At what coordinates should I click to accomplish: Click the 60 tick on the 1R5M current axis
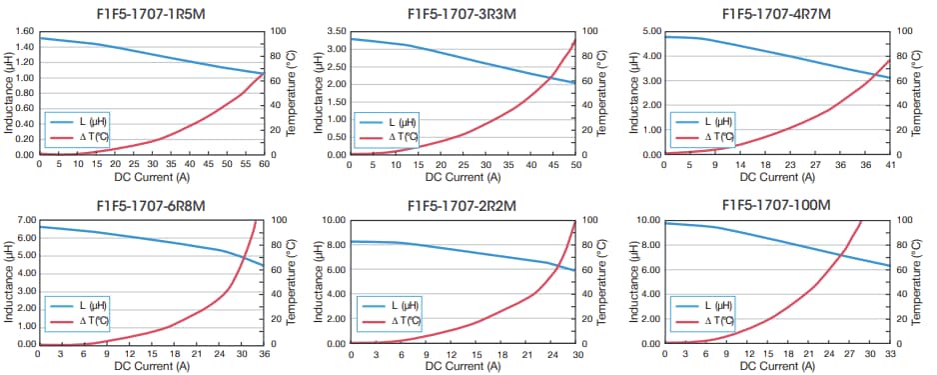coord(263,164)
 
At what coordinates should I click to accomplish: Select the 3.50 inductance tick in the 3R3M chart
coord(336,31)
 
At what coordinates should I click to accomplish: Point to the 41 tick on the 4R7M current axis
coord(888,164)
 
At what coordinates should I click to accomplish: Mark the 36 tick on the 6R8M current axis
coord(263,353)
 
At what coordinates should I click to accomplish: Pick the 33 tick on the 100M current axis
coord(888,353)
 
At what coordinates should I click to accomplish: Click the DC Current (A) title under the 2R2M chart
coord(463,366)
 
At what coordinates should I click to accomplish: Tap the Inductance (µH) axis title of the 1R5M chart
coord(8,92)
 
